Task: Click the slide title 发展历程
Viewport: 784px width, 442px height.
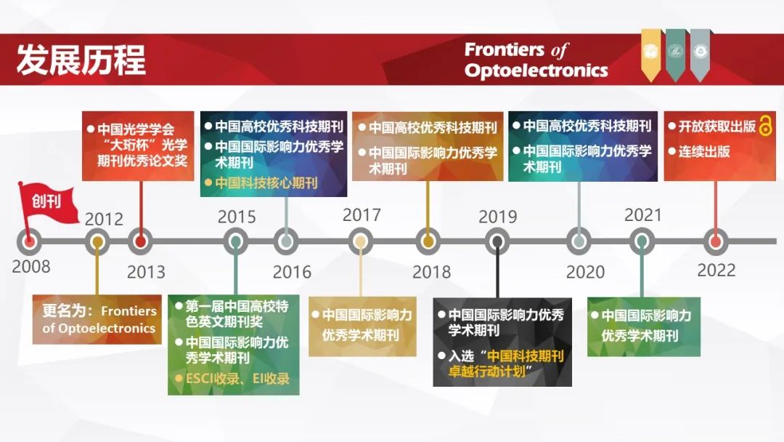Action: point(81,60)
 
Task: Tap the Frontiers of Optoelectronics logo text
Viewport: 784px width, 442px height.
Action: point(536,60)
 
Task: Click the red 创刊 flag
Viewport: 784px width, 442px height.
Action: point(48,204)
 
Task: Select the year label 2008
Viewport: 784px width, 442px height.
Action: point(31,266)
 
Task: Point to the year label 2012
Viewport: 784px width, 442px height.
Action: point(104,219)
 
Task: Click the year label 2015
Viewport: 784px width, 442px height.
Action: point(237,217)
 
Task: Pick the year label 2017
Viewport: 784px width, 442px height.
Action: point(362,214)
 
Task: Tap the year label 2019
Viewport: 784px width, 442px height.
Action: point(497,217)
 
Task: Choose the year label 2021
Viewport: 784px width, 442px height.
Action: point(643,214)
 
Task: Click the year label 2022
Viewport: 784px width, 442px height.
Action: point(716,270)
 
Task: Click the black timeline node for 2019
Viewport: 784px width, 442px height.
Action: point(497,242)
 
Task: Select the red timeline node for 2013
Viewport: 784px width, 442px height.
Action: point(141,242)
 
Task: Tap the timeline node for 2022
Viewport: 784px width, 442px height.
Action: point(716,242)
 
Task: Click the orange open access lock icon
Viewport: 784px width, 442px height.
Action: point(766,125)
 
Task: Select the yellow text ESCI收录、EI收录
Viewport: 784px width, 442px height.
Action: point(237,379)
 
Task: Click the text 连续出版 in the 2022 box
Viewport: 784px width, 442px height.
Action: point(704,151)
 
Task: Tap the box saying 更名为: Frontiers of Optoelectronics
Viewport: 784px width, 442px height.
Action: point(97,319)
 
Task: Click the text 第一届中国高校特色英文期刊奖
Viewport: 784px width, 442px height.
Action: point(237,313)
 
